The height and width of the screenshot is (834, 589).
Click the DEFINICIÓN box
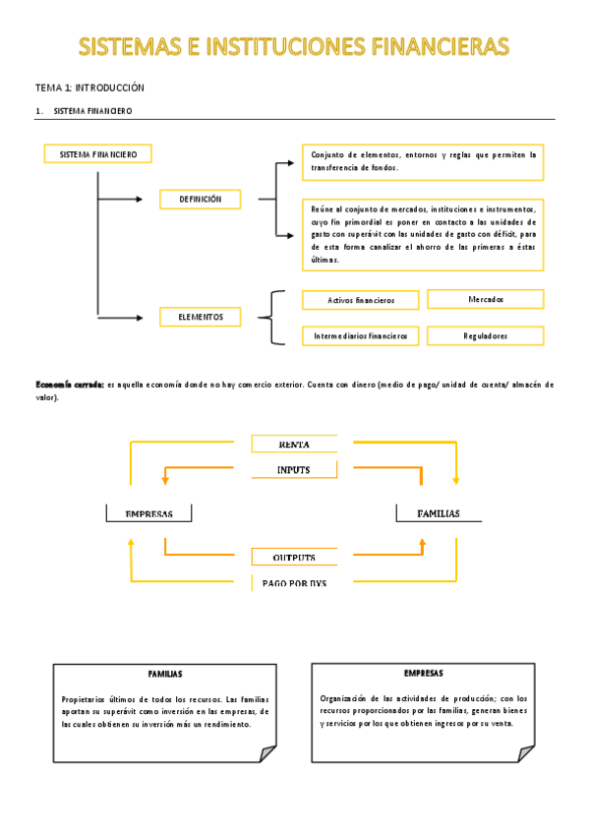pos(200,200)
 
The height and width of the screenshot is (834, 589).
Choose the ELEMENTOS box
pos(200,318)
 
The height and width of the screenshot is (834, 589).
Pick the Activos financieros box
pos(360,300)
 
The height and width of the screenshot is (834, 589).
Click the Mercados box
pos(485,299)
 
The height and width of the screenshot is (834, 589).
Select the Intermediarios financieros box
pos(360,336)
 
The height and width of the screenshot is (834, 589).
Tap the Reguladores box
pos(485,336)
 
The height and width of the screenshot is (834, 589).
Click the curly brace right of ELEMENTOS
pos(274,318)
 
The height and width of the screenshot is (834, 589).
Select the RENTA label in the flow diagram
pos(294,445)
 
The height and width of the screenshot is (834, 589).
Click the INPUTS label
pos(294,470)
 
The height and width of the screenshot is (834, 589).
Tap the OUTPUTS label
pos(294,558)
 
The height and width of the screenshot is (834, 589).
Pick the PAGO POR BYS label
pos(294,583)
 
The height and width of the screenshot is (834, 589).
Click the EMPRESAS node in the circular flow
pos(148,513)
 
